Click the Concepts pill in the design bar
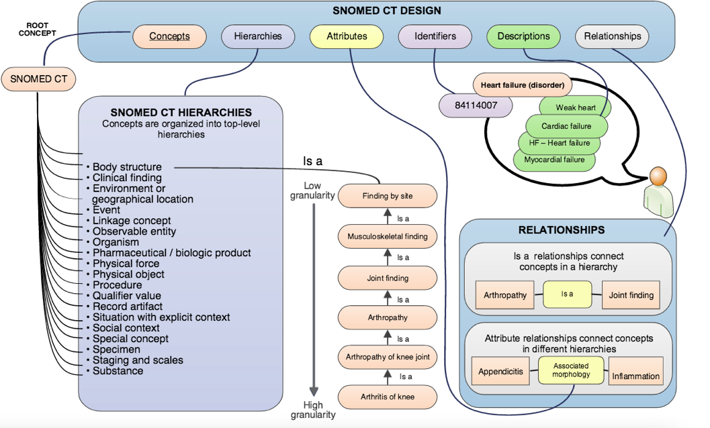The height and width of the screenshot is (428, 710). [169, 36]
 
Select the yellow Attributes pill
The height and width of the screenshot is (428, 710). [347, 36]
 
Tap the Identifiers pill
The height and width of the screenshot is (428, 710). [435, 36]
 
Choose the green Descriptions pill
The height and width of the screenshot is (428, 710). [523, 36]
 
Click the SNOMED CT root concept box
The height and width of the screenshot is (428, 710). [38, 79]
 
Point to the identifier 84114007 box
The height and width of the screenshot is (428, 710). [476, 105]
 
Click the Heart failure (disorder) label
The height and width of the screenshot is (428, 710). [523, 85]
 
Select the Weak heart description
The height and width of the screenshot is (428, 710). [575, 107]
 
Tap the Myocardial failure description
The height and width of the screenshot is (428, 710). [554, 160]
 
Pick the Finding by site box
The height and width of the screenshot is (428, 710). [388, 196]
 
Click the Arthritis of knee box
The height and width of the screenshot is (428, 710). [388, 396]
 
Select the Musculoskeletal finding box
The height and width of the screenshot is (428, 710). [388, 236]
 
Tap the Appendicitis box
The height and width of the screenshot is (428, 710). [500, 372]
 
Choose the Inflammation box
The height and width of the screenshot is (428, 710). [635, 376]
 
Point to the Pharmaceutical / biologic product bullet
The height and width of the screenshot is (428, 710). [171, 253]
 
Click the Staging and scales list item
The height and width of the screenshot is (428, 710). [138, 360]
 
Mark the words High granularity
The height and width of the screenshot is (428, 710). [313, 410]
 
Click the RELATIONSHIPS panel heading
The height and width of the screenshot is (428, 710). [561, 230]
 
